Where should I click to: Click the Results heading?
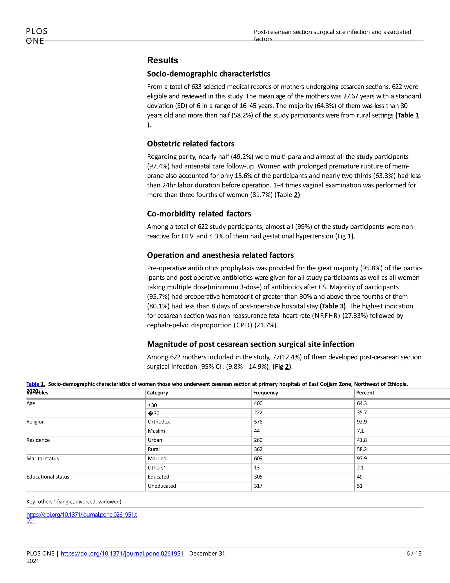click(x=162, y=60)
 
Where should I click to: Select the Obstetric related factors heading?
click(x=191, y=144)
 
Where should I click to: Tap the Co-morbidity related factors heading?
click(x=199, y=214)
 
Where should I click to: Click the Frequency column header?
click(x=265, y=393)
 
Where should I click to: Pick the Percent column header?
click(x=365, y=393)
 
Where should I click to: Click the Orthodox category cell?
click(x=159, y=422)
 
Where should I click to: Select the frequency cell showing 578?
click(x=258, y=422)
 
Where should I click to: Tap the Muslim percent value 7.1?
click(x=360, y=431)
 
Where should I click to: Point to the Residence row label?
click(x=38, y=440)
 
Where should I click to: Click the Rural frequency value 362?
click(x=258, y=449)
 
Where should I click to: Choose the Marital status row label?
click(x=43, y=458)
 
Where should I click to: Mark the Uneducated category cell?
click(x=162, y=486)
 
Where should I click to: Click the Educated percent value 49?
click(x=360, y=477)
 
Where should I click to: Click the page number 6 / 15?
click(x=414, y=553)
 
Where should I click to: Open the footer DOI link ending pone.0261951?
click(x=122, y=553)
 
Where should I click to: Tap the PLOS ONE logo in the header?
click(x=36, y=36)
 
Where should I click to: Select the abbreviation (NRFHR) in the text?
click(x=326, y=316)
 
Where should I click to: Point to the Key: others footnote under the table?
click(x=74, y=502)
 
